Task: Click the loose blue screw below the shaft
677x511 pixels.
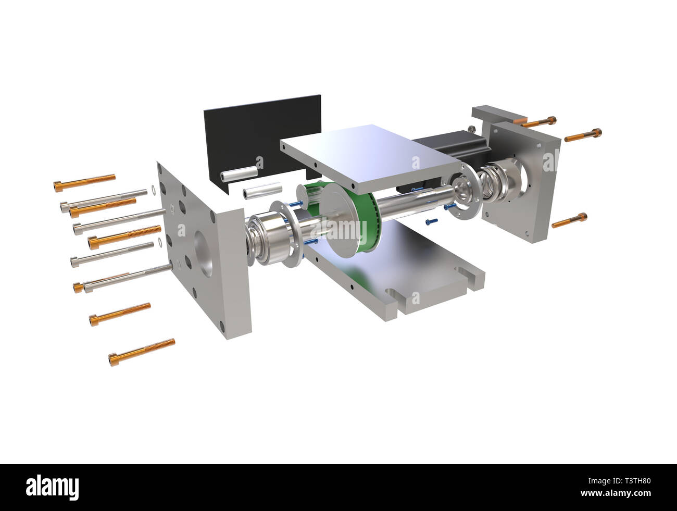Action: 431,221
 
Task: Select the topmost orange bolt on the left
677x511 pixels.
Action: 84,182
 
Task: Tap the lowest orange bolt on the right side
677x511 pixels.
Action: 569,220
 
